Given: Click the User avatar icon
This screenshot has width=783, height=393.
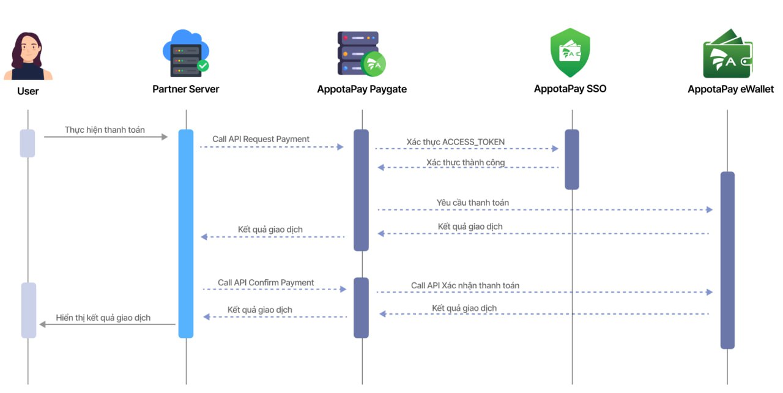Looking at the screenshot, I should click(x=28, y=56).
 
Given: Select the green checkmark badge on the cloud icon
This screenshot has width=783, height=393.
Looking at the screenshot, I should click(x=202, y=65).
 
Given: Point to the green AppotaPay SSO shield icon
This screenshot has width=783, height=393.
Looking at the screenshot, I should click(x=570, y=53).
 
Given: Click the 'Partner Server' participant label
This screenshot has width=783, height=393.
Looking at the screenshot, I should click(x=185, y=89).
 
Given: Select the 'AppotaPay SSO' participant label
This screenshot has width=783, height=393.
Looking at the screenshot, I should click(x=570, y=89).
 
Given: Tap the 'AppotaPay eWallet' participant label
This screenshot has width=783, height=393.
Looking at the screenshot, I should click(x=730, y=89).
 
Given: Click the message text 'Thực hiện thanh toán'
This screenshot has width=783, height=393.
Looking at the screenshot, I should click(x=105, y=130).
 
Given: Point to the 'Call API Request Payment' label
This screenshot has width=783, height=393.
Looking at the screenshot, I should click(x=261, y=139).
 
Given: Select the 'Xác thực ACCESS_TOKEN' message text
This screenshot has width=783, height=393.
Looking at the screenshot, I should click(x=456, y=142).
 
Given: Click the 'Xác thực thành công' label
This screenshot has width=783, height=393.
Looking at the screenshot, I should click(x=466, y=162).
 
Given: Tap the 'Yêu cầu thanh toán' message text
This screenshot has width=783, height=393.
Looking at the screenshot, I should click(x=472, y=203).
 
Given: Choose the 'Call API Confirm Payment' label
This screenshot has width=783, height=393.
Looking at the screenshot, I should click(x=265, y=283).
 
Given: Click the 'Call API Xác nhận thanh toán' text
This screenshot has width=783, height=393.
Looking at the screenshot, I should click(x=465, y=285).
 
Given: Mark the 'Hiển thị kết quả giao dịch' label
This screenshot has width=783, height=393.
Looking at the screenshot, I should click(x=103, y=318).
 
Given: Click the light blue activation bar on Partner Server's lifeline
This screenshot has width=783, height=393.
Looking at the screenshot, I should click(x=186, y=233).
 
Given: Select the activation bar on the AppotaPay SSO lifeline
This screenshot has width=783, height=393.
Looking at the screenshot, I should click(x=571, y=159).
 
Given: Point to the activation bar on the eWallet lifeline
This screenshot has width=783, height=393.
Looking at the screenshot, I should click(x=727, y=260).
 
